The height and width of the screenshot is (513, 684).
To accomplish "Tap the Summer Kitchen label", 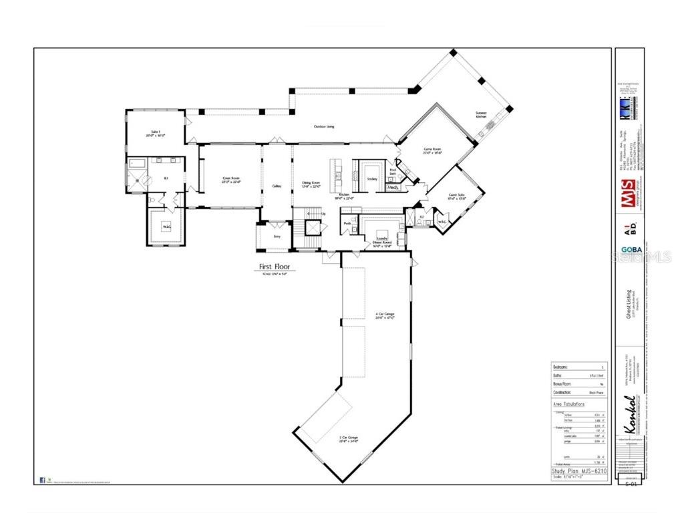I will [x=481, y=115].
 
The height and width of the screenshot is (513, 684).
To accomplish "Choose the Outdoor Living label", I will [x=325, y=127].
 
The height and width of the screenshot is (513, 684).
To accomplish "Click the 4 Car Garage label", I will [x=385, y=315].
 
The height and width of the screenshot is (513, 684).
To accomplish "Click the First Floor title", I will [x=277, y=267].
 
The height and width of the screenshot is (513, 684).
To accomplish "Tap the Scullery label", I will [x=372, y=179].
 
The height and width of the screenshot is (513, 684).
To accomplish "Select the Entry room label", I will [x=277, y=236].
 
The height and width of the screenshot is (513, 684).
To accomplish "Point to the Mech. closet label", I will [x=393, y=188].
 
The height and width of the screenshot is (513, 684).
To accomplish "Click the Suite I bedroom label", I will [x=155, y=133].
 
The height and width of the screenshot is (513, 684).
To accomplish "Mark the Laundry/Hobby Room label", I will [x=382, y=240].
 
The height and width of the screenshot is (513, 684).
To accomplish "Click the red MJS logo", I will [x=629, y=203].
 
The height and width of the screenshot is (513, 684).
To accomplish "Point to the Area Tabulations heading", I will [x=569, y=404].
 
